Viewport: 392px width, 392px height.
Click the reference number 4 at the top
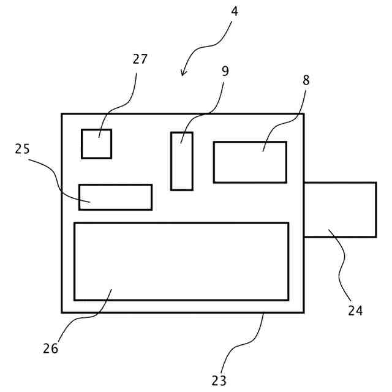[x=235, y=11]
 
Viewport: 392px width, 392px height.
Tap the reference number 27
[x=140, y=59]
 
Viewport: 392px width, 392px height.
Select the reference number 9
[x=225, y=71]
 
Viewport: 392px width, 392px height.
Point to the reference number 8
[x=306, y=80]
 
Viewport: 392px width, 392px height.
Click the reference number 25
[x=23, y=149]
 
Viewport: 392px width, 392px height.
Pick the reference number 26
[x=50, y=348]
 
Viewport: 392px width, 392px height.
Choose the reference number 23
[x=219, y=380]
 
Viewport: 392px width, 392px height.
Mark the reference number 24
[x=355, y=311]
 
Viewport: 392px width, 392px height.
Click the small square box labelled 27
[x=97, y=144]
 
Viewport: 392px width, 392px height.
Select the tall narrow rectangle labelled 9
[x=182, y=161]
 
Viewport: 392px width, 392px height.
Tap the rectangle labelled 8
[x=250, y=162]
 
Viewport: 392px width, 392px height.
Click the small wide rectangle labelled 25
[x=115, y=197]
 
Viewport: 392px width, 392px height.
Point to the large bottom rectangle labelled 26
[x=181, y=262]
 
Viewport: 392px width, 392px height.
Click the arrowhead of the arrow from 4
[x=183, y=74]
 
